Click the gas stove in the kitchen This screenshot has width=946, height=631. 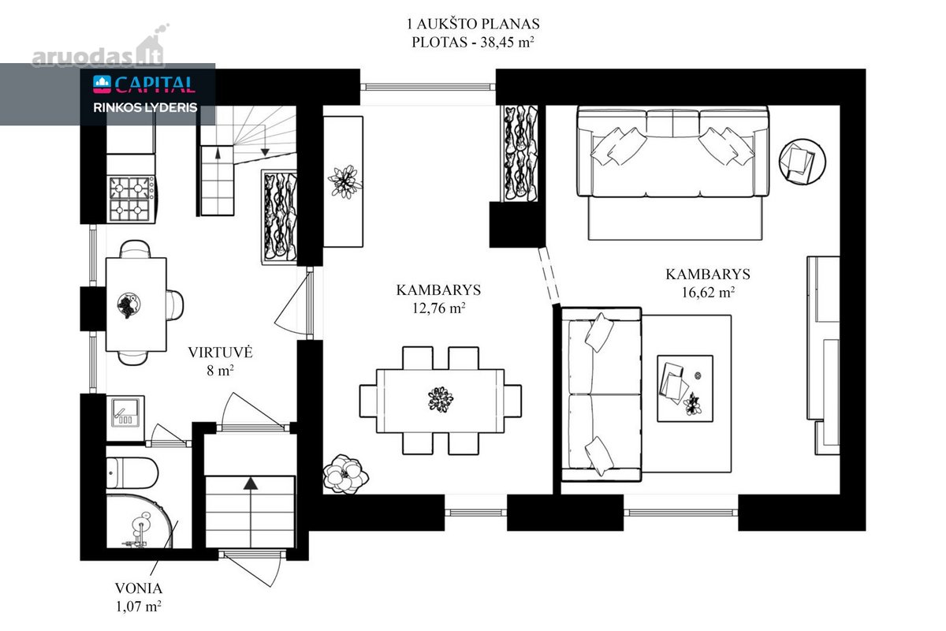pyautogui.click(x=132, y=199)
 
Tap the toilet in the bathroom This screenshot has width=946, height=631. pyautogui.click(x=132, y=473)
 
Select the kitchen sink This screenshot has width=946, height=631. pyautogui.click(x=125, y=413)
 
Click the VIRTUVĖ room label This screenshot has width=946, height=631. pyautogui.click(x=220, y=353)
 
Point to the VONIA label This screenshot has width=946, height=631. pyautogui.click(x=139, y=588)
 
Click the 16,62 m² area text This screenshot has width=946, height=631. pyautogui.click(x=708, y=292)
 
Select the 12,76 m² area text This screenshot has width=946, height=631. pyautogui.click(x=439, y=308)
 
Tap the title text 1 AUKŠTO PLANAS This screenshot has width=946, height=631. pyautogui.click(x=473, y=24)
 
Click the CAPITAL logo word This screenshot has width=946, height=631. pyautogui.click(x=155, y=84)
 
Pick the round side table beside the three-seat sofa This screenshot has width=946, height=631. pyautogui.click(x=803, y=162)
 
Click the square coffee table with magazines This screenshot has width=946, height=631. pyautogui.click(x=685, y=388)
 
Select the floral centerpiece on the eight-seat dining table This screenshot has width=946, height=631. pyautogui.click(x=441, y=398)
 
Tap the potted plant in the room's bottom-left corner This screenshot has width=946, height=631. pyautogui.click(x=345, y=474)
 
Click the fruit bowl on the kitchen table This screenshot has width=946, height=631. pyautogui.click(x=128, y=304)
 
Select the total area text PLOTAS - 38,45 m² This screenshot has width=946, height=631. pyautogui.click(x=473, y=43)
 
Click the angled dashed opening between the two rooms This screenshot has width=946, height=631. pyautogui.click(x=549, y=275)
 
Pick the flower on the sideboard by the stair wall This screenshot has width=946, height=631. pyautogui.click(x=345, y=181)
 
